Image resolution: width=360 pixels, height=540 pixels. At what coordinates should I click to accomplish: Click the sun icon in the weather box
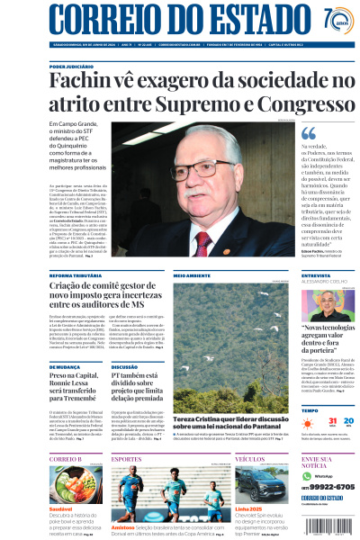(x=310, y=421)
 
